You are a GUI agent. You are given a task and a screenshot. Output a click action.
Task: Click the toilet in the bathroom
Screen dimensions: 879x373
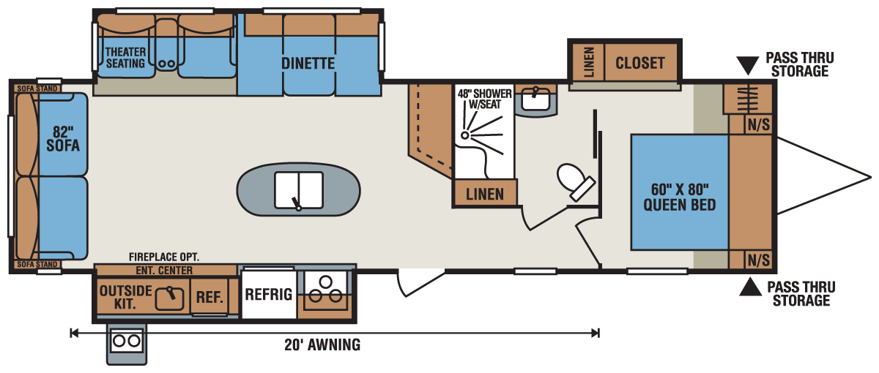tap(575, 182)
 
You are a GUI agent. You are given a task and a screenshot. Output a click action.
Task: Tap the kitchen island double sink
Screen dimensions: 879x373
tap(299, 190)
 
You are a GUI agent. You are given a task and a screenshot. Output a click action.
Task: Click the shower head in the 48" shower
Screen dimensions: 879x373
tap(465, 135)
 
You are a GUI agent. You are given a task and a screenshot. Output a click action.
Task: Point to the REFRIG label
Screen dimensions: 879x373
tap(269, 294)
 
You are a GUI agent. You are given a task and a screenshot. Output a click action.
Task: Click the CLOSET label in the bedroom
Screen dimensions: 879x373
tap(640, 63)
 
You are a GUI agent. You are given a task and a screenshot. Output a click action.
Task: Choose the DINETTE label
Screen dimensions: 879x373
tap(308, 63)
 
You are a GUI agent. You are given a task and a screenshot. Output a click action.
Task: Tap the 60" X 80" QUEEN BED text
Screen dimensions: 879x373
tap(680, 197)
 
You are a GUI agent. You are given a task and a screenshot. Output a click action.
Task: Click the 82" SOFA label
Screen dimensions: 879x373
tap(63, 139)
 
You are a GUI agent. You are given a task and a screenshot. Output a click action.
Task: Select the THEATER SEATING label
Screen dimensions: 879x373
tap(125, 58)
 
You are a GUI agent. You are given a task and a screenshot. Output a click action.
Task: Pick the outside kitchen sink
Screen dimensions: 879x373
tap(169, 299)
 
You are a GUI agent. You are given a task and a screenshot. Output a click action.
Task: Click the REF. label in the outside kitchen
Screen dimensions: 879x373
tap(209, 297)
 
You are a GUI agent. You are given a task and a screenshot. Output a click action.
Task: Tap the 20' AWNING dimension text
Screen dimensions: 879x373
tap(322, 344)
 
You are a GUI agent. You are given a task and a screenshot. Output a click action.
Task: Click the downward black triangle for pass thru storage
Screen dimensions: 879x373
tap(747, 65)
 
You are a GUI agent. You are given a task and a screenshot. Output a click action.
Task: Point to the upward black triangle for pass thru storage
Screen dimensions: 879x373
tap(750, 287)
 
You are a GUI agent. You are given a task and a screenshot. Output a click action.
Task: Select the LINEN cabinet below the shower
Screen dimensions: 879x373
tap(485, 193)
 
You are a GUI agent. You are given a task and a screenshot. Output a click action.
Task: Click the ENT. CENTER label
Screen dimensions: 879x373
tap(164, 271)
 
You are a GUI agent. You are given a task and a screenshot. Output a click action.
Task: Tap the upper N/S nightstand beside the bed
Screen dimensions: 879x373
tap(759, 124)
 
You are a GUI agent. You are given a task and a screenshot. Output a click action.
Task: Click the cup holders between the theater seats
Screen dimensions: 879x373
tap(167, 64)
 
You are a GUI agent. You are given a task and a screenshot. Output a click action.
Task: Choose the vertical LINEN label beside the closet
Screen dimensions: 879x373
tap(589, 62)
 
